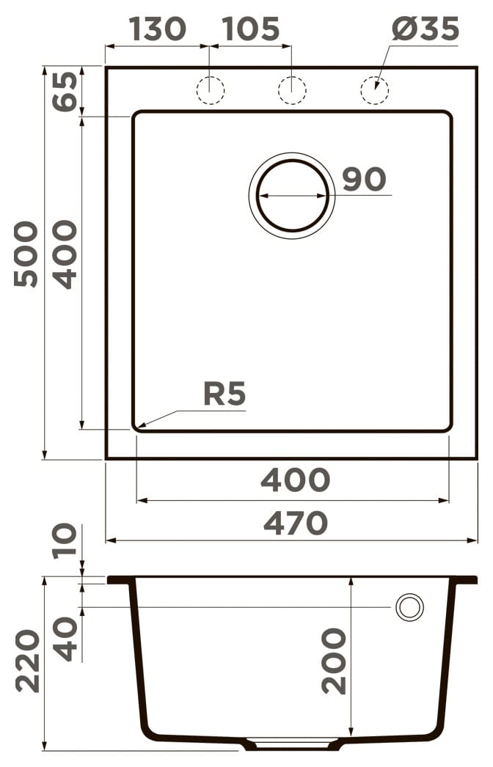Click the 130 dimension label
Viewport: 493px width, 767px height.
coord(158,29)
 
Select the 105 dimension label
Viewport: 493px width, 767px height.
coord(251,29)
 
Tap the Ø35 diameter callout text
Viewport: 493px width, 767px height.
coord(426,29)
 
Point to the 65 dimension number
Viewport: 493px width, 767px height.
coord(65,91)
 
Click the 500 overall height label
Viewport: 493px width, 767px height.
coord(26,254)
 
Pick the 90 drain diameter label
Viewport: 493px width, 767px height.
coord(364,179)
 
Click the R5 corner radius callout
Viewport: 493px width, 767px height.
coord(224,394)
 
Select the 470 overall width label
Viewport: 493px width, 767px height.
coord(296,523)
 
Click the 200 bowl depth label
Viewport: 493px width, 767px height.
coord(334,661)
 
